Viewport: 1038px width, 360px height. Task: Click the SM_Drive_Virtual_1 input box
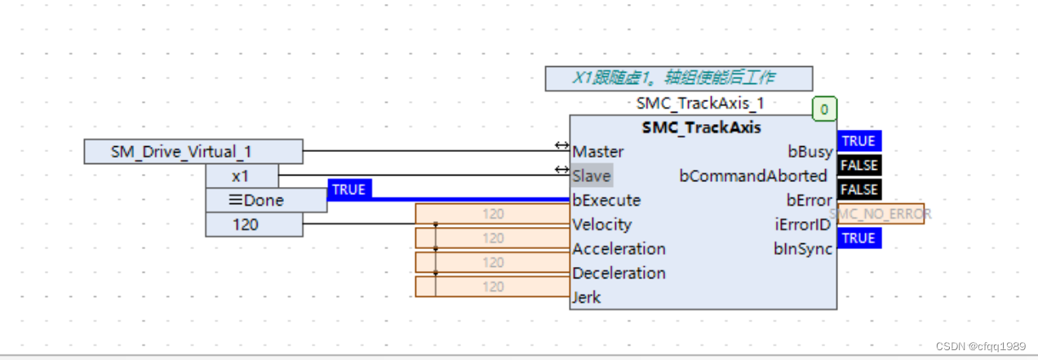point(193,152)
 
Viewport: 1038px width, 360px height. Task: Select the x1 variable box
point(242,176)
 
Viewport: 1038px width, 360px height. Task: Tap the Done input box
point(266,200)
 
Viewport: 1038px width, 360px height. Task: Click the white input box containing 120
point(254,224)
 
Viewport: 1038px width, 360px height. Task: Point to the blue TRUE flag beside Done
point(348,189)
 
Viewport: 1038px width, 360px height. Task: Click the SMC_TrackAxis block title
point(701,127)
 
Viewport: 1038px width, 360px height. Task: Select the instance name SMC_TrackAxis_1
point(700,104)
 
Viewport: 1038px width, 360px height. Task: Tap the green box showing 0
point(824,109)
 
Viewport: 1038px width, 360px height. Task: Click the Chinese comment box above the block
point(678,78)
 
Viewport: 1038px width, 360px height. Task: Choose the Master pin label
point(597,152)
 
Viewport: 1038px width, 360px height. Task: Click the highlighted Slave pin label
point(591,176)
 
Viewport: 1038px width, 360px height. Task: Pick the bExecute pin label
point(605,200)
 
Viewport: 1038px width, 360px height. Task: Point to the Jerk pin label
point(586,297)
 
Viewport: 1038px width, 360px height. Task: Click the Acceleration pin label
point(619,249)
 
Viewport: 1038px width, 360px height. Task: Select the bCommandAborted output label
point(752,176)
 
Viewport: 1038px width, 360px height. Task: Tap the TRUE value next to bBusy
point(858,141)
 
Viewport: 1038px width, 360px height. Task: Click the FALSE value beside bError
point(858,189)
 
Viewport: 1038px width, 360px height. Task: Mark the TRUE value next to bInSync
point(858,238)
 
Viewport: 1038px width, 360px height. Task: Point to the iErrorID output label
point(803,224)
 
